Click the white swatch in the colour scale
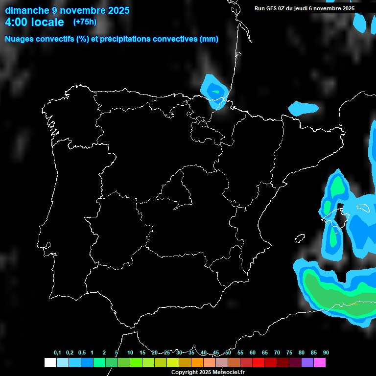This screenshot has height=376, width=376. (50, 363)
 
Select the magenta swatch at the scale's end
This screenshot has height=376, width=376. (320, 363)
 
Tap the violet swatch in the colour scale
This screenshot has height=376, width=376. (307, 363)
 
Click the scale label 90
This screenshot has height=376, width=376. (326, 353)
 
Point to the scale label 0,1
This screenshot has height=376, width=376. (57, 353)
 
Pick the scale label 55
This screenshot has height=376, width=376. (240, 353)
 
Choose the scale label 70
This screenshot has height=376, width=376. (277, 353)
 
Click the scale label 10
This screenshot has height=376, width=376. (130, 353)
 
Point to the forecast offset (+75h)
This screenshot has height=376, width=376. (85, 22)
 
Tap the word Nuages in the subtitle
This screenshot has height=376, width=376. (20, 39)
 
